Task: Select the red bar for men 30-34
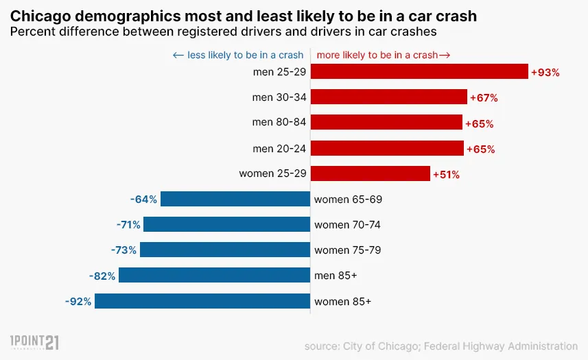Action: (x=389, y=97)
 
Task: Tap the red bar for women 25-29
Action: (x=371, y=174)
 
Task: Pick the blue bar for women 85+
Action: (x=202, y=301)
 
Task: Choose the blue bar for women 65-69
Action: (x=235, y=200)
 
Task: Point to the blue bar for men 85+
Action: (x=214, y=276)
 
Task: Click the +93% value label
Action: (x=545, y=72)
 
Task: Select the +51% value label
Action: (x=446, y=175)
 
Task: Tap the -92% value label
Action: (x=78, y=301)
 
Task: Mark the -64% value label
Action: (x=143, y=200)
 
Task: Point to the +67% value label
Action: (x=484, y=98)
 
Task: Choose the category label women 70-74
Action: (x=347, y=225)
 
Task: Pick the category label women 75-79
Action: (x=347, y=250)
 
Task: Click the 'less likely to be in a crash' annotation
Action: (x=238, y=55)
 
